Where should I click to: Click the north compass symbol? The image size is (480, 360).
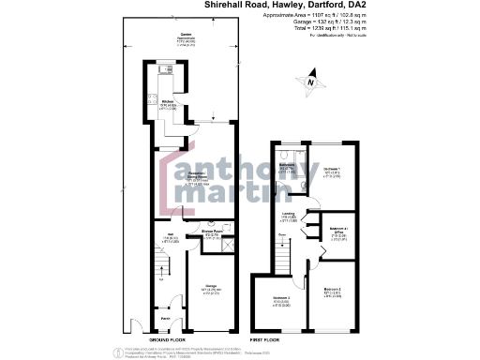(x=310, y=82)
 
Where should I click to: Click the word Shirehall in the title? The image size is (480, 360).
(x=229, y=5)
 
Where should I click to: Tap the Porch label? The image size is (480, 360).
(x=163, y=319)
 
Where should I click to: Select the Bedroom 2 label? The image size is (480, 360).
(x=332, y=290)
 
